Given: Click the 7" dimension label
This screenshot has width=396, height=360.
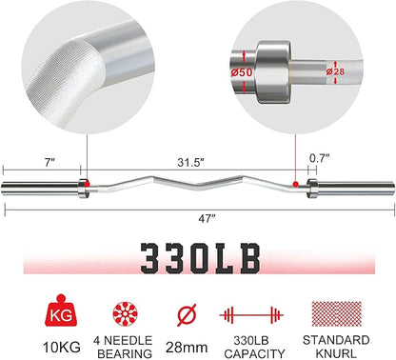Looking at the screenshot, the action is (x=49, y=163).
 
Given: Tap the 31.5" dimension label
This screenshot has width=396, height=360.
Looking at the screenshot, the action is (x=190, y=163).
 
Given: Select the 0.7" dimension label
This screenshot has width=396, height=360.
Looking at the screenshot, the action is (x=320, y=158).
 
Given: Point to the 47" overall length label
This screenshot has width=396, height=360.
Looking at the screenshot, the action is (x=207, y=219).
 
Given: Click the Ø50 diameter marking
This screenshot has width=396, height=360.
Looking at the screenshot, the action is (x=242, y=72).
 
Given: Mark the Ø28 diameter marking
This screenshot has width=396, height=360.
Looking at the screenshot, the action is (x=335, y=71).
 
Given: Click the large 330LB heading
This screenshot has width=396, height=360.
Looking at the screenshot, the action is (x=200, y=258).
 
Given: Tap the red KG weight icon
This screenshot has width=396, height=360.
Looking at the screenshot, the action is (x=62, y=310).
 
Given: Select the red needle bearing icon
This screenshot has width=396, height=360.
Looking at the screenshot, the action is (x=126, y=313).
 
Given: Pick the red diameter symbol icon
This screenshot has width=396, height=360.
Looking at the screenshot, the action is (x=187, y=314).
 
